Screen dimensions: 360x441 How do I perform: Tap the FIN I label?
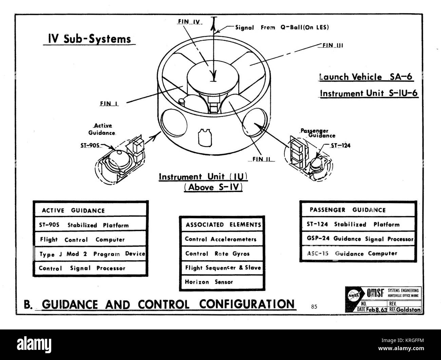pos(109,105)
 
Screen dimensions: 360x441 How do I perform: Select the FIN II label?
pos(263,159)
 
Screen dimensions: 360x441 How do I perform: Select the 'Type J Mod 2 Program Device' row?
pos(91,254)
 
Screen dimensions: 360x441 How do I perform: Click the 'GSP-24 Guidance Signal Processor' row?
pos(358,239)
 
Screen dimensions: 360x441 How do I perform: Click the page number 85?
pos(314,307)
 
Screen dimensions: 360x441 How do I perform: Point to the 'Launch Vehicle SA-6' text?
pos(366,77)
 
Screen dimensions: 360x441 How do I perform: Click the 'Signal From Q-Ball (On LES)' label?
pos(282,27)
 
